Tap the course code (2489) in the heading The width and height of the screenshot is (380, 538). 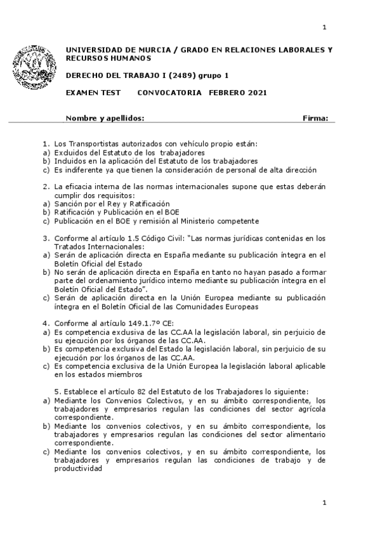[167, 75]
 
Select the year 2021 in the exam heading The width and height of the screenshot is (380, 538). [254, 93]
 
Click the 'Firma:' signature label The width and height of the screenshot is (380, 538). [315, 118]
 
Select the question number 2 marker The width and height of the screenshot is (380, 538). [46, 187]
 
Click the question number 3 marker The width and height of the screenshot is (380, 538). [46, 239]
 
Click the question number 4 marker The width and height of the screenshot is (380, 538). [46, 324]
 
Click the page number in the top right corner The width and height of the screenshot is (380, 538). [324, 27]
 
